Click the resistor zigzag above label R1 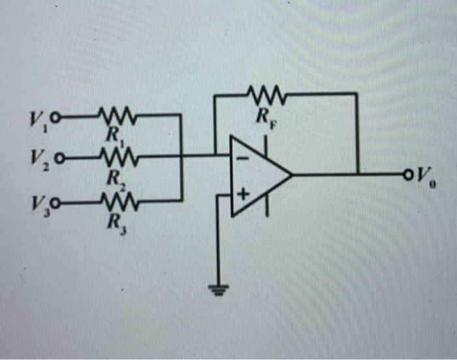point(116,118)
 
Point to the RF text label point(262,118)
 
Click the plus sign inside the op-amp point(244,194)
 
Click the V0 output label point(425,175)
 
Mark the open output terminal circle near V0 point(409,174)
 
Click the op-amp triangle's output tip point(291,175)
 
